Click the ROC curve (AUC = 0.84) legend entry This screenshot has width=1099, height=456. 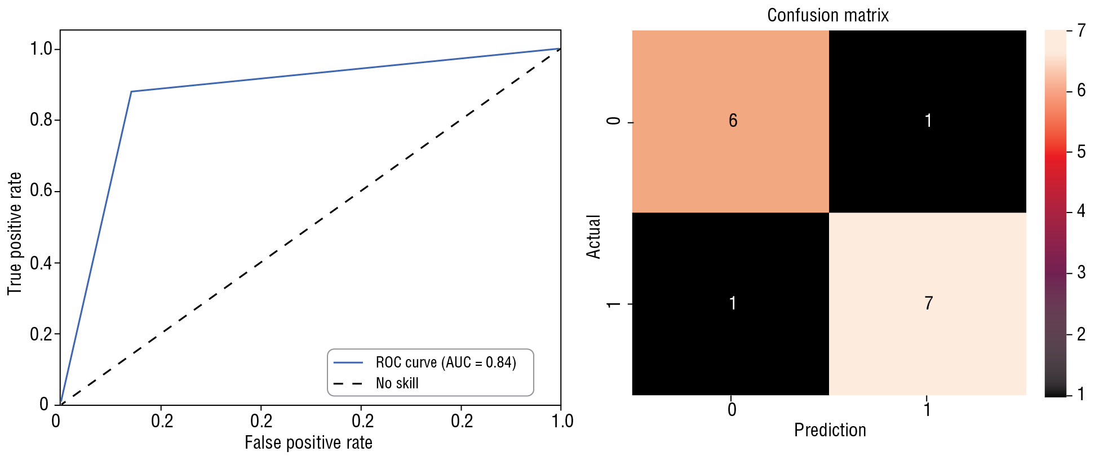(445, 362)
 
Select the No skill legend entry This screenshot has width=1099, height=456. (397, 384)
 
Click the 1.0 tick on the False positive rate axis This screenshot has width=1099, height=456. (561, 420)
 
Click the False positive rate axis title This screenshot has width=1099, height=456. (308, 443)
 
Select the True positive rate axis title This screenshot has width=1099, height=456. (15, 233)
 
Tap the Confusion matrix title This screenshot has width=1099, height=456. (828, 15)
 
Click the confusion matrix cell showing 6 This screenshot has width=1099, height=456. (730, 121)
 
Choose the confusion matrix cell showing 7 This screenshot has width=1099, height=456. (928, 304)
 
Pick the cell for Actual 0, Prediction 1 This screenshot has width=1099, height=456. (928, 121)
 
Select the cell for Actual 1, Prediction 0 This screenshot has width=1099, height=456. (730, 304)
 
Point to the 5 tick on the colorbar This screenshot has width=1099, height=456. (1080, 152)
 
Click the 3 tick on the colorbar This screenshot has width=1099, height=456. (1080, 273)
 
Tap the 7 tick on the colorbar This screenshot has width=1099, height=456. (1080, 30)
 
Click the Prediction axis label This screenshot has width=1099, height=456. (830, 431)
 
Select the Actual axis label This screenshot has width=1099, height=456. (594, 237)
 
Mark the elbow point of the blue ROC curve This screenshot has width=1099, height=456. (131, 91)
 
